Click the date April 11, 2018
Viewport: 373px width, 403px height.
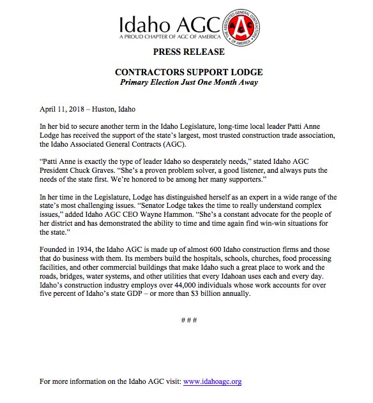point(61,109)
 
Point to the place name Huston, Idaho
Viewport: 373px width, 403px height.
point(117,109)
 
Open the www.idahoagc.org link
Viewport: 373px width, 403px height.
point(212,381)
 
